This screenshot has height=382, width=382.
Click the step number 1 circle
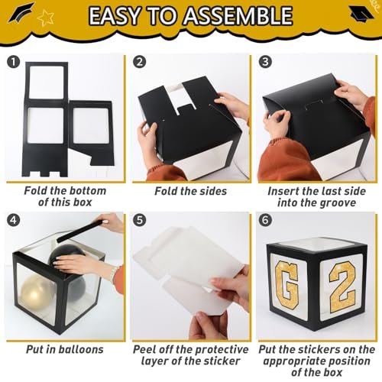point(13,62)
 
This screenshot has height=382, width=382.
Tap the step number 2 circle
point(139,62)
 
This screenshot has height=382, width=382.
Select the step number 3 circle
point(265,62)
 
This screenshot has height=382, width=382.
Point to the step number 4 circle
point(13,220)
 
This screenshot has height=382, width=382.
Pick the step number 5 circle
point(139,220)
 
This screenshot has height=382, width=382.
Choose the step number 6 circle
point(265,220)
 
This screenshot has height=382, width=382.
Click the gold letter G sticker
point(286,285)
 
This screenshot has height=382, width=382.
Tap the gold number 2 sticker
point(342,288)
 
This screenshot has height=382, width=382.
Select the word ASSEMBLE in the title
point(238,16)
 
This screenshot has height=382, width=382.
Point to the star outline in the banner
point(45,17)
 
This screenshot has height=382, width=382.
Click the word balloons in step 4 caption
point(81,349)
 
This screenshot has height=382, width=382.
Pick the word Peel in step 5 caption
point(144,349)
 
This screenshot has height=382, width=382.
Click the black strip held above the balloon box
point(79,231)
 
